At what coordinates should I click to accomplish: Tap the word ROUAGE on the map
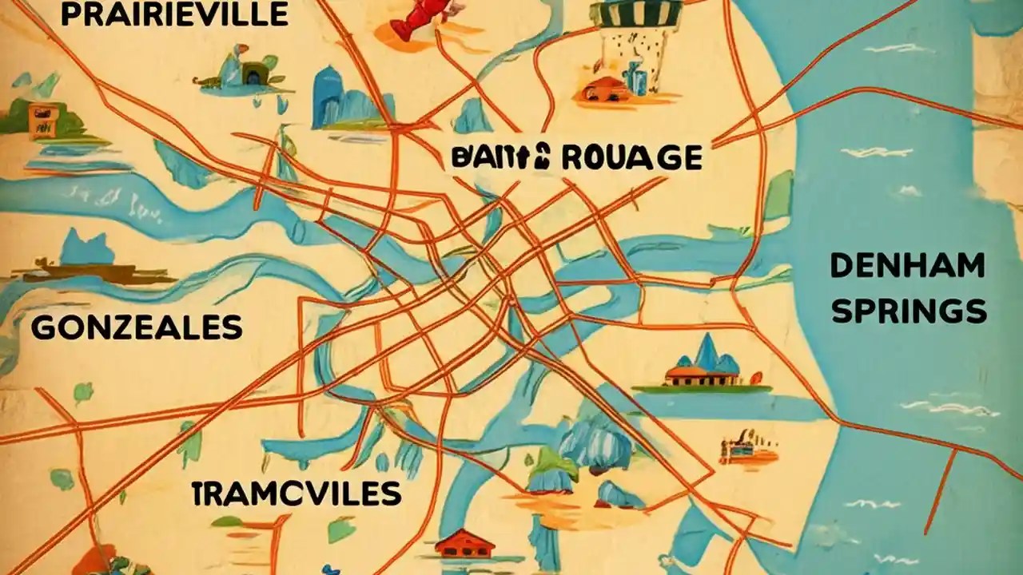[x=631, y=157]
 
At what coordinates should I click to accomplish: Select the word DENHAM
[x=907, y=266]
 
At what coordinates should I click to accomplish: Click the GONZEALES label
[x=137, y=327]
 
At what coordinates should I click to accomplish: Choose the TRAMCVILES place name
[x=297, y=494]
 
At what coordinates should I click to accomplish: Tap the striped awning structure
[x=637, y=16]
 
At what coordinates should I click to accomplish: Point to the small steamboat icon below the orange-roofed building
[x=746, y=451]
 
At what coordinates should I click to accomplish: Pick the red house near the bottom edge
[x=465, y=545]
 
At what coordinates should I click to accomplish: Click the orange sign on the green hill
[x=40, y=118]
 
